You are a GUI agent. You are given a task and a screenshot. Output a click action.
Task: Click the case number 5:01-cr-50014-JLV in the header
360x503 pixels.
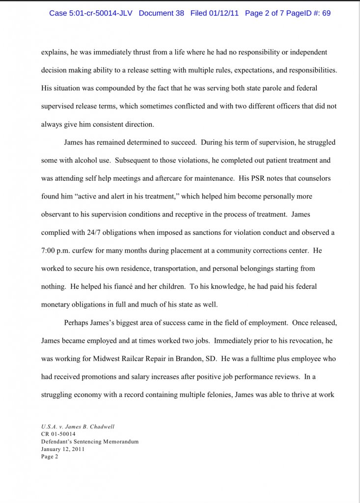pyautogui.click(x=102, y=13)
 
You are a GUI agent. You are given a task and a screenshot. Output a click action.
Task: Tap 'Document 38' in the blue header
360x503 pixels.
pyautogui.click(x=161, y=13)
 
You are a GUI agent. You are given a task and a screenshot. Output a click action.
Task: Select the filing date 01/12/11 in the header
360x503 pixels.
pyautogui.click(x=222, y=13)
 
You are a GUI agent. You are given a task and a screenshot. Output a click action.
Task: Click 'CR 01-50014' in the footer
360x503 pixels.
pyautogui.click(x=58, y=434)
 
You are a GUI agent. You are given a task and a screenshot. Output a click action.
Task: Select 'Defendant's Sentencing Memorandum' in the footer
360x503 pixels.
pyautogui.click(x=89, y=442)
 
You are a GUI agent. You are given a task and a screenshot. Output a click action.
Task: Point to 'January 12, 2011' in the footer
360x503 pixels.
pyautogui.click(x=63, y=449)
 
